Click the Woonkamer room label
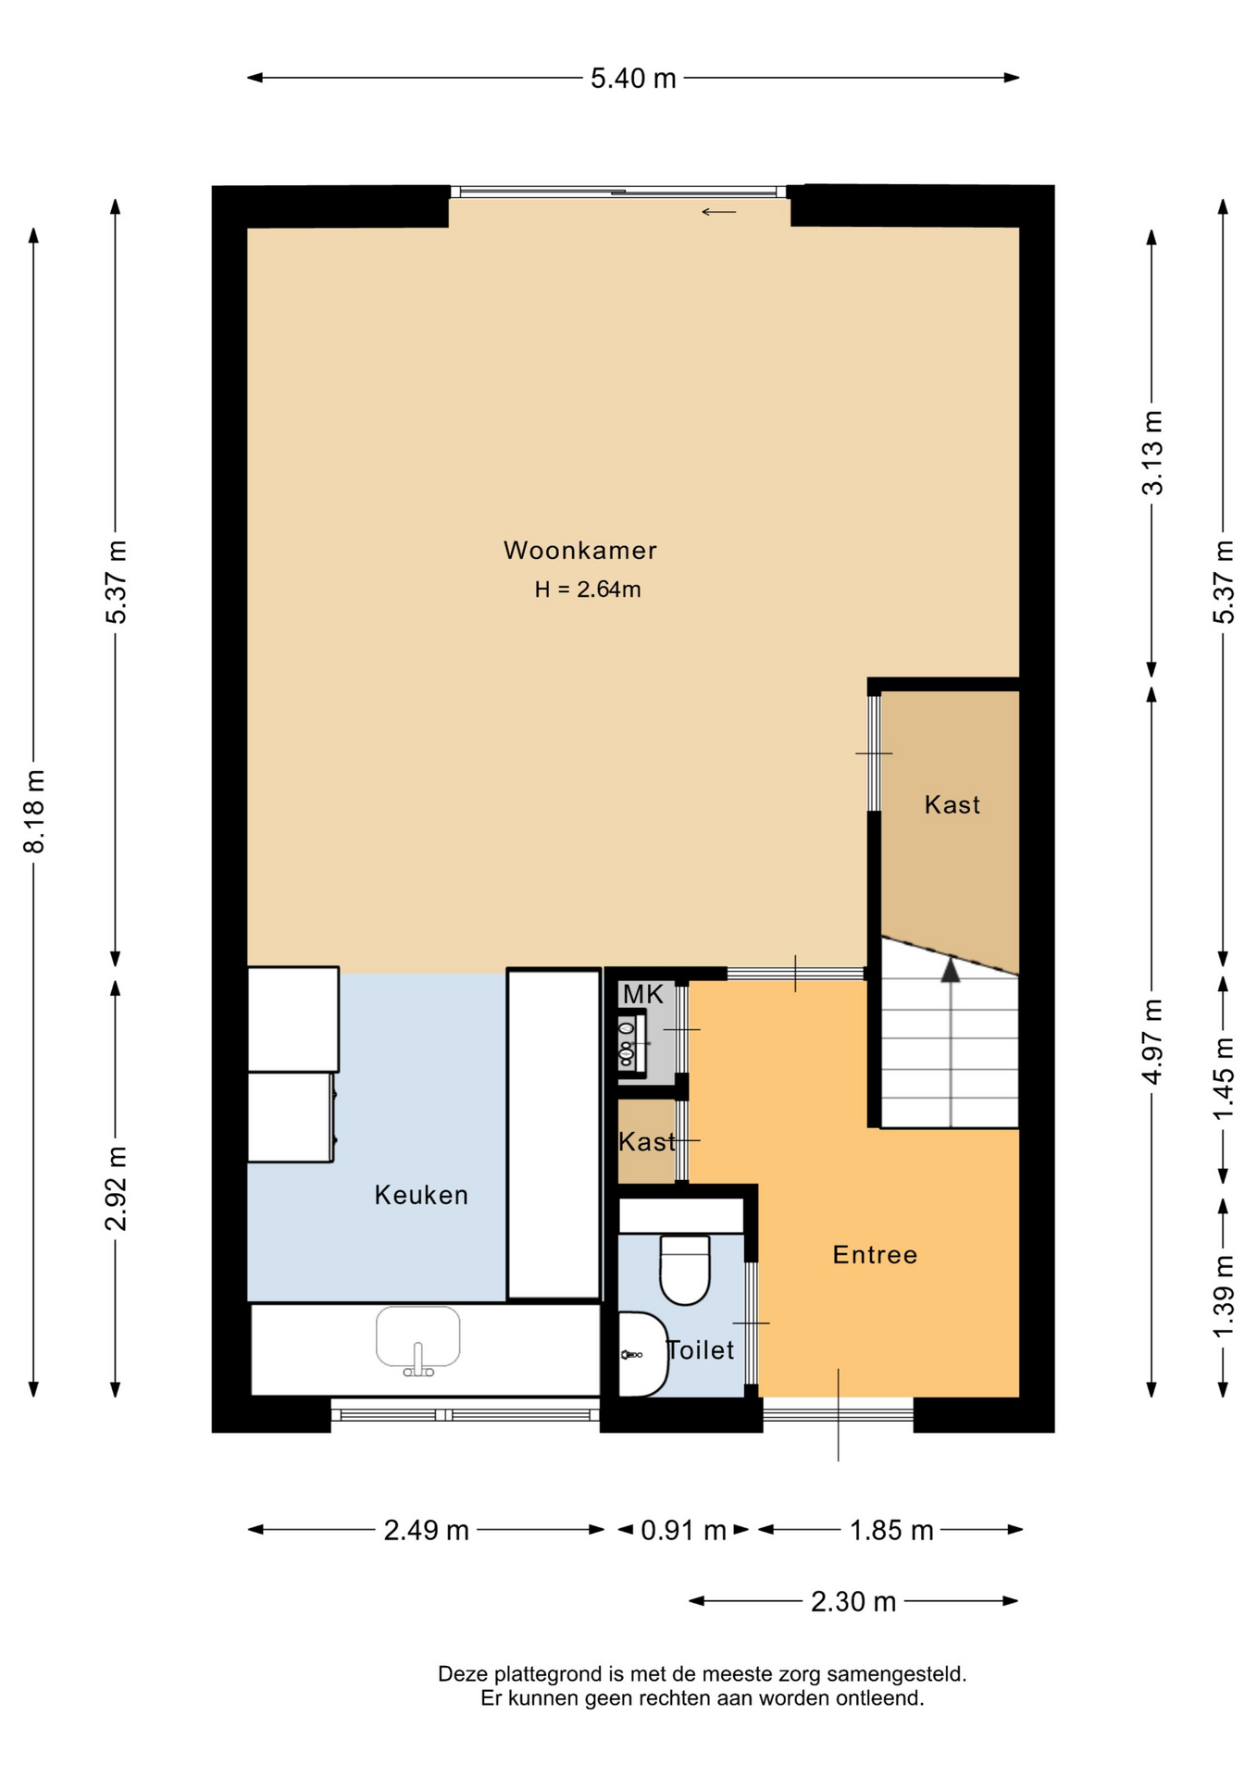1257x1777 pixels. coord(579,551)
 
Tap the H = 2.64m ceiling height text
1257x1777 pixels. coord(588,590)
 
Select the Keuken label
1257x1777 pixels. coord(421,1196)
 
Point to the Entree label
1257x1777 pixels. coord(875,1255)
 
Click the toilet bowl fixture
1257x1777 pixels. coord(685,1270)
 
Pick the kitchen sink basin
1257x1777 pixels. coord(417,1337)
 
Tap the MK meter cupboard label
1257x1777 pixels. coord(643,995)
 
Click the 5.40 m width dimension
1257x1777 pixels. coord(633,79)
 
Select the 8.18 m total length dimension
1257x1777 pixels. coord(34,811)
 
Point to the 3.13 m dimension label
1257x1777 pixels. coord(1152,453)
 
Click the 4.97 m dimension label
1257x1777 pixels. coord(1152,1041)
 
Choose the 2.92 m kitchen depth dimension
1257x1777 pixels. coord(116,1188)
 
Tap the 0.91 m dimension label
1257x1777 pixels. coord(683,1530)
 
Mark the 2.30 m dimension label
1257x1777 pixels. coord(853,1601)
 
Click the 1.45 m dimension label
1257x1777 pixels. coord(1224,1078)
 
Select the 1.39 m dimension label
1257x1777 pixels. coord(1224,1296)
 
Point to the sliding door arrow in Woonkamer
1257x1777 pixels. coord(718,212)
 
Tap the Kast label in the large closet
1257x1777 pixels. coord(952,805)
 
